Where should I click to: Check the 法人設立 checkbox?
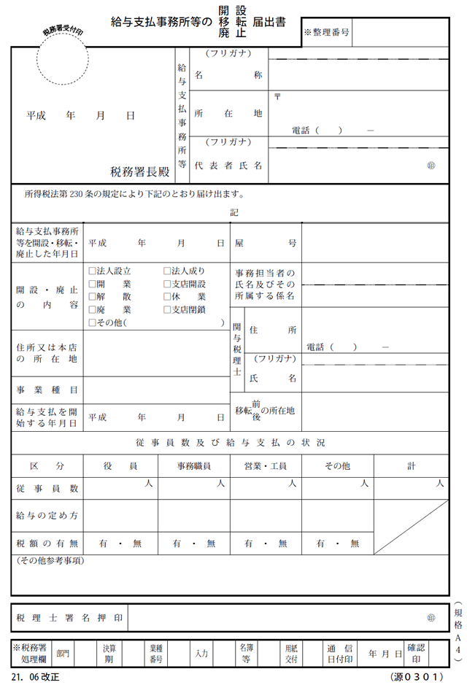pyautogui.click(x=92, y=271)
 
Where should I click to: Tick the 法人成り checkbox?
pyautogui.click(x=167, y=271)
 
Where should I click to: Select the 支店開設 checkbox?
pyautogui.click(x=167, y=284)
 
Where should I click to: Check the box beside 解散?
pyautogui.click(x=92, y=297)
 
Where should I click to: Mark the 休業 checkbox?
pyautogui.click(x=167, y=297)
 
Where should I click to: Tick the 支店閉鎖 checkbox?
pyautogui.click(x=167, y=309)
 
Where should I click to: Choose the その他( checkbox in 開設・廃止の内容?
pyautogui.click(x=92, y=322)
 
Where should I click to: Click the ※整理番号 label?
pyautogui.click(x=326, y=33)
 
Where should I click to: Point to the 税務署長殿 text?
pyautogui.click(x=139, y=172)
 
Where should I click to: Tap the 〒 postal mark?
pyautogui.click(x=277, y=96)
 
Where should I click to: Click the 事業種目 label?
pyautogui.click(x=47, y=390)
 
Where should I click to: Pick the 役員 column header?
pyautogui.click(x=120, y=466)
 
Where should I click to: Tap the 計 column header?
pyautogui.click(x=411, y=466)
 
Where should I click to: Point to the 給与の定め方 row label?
pyautogui.click(x=47, y=516)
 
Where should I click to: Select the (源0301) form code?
pyautogui.click(x=417, y=676)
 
